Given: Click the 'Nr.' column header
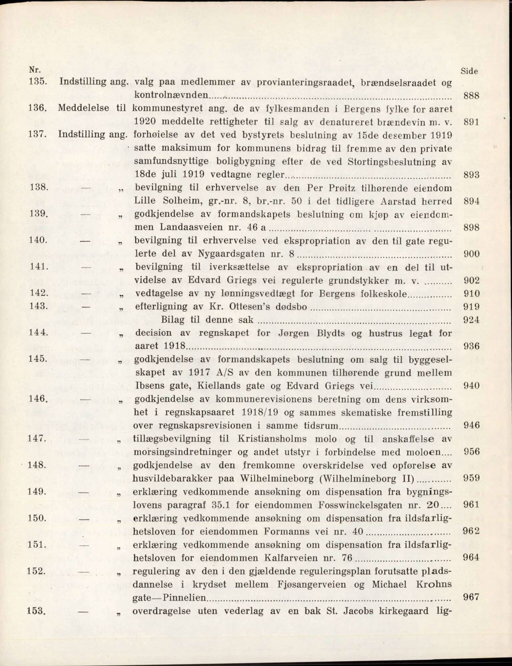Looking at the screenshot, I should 34,70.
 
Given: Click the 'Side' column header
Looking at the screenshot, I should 469,71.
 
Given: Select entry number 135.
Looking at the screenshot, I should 38,82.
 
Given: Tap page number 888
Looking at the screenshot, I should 471,96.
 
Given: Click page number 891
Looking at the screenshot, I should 471,122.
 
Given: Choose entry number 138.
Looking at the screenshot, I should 38,187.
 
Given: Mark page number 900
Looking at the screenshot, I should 471,254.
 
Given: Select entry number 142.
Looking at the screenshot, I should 38,293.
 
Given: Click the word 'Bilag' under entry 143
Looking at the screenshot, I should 173,320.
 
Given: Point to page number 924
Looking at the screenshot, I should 471,320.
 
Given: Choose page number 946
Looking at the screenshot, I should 471,425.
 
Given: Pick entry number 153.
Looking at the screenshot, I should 36,611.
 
